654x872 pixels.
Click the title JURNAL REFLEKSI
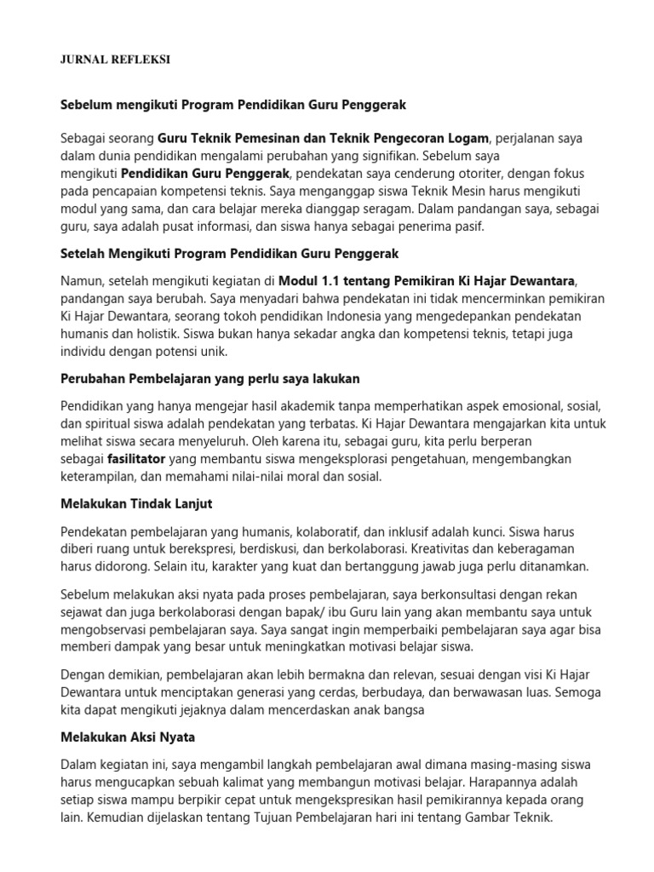[116, 60]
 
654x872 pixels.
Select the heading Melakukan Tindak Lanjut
[136, 503]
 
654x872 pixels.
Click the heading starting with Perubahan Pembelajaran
[216, 377]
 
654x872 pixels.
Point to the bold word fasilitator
[137, 459]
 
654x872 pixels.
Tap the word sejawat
[83, 612]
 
